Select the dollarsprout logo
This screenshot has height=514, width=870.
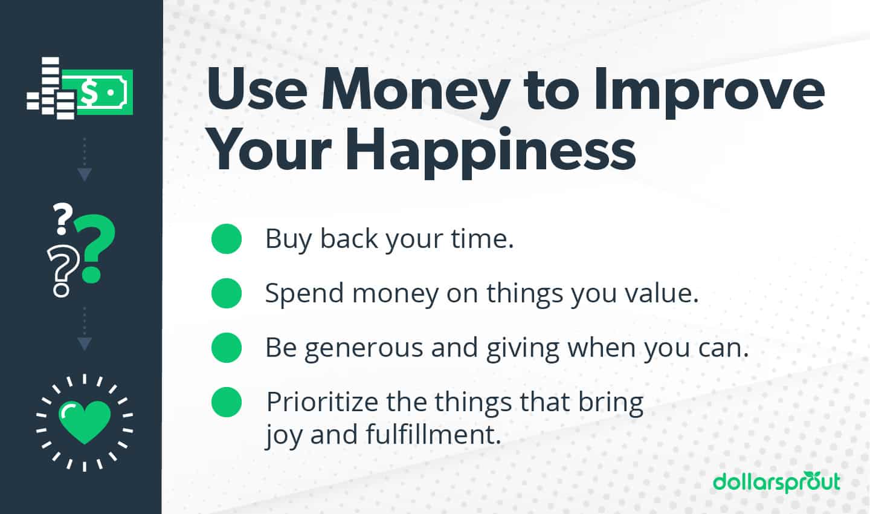click(x=776, y=482)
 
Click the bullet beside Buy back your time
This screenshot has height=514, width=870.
click(x=227, y=239)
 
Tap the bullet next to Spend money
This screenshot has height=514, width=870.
click(x=227, y=293)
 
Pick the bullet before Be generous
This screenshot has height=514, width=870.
click(x=227, y=348)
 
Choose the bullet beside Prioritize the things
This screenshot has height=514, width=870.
click(x=227, y=402)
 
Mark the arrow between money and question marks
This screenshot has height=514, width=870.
click(x=85, y=174)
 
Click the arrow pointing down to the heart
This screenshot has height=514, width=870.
click(x=85, y=343)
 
